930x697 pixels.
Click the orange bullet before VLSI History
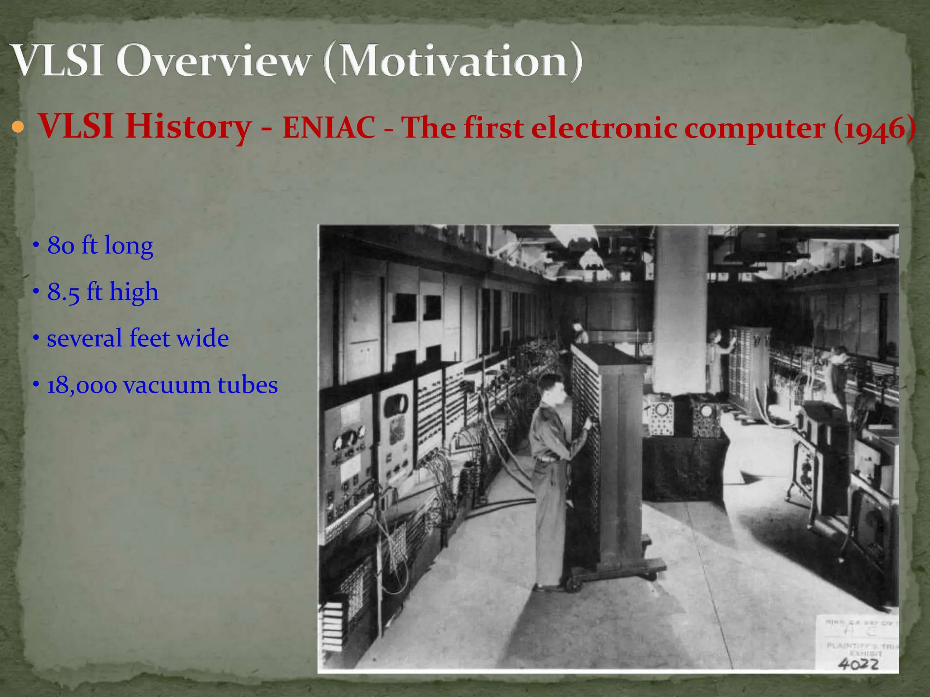(x=18, y=128)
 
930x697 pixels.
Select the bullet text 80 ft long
(x=100, y=245)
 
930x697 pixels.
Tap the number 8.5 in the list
(x=63, y=292)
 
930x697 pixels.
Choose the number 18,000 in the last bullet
(x=82, y=385)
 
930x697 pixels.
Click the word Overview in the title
(x=213, y=61)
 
